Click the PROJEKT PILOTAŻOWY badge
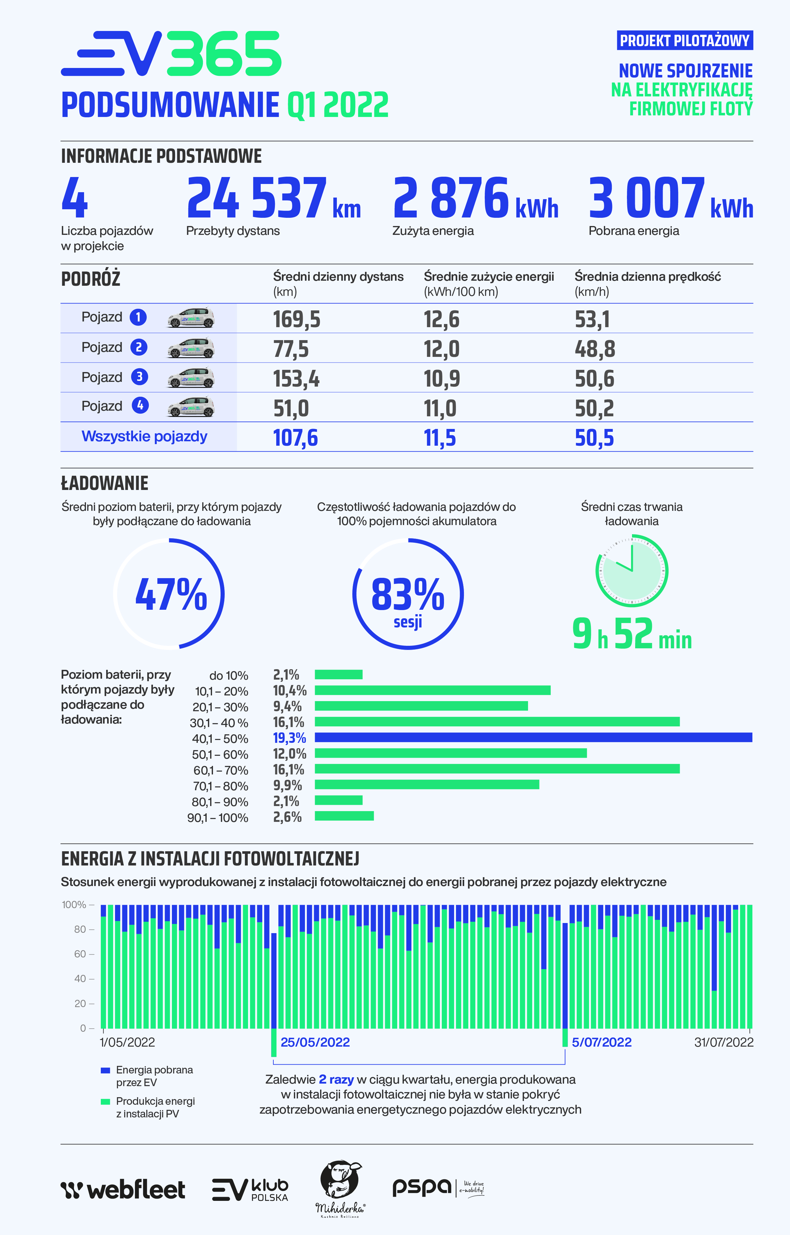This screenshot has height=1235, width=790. (684, 40)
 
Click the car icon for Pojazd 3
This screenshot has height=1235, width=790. (191, 378)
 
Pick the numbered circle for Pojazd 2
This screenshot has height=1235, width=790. (138, 347)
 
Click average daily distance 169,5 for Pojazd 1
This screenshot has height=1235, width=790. (296, 319)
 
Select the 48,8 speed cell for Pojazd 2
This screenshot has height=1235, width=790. (594, 349)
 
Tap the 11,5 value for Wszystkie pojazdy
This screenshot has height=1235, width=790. (439, 438)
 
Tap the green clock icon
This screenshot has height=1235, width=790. (631, 571)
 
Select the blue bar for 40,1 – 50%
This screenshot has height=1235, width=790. (533, 737)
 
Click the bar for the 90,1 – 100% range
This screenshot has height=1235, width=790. (344, 816)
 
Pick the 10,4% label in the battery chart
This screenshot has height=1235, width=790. (289, 691)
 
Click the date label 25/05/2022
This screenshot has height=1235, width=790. (315, 1042)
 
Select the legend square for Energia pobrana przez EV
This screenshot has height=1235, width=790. (106, 1070)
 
